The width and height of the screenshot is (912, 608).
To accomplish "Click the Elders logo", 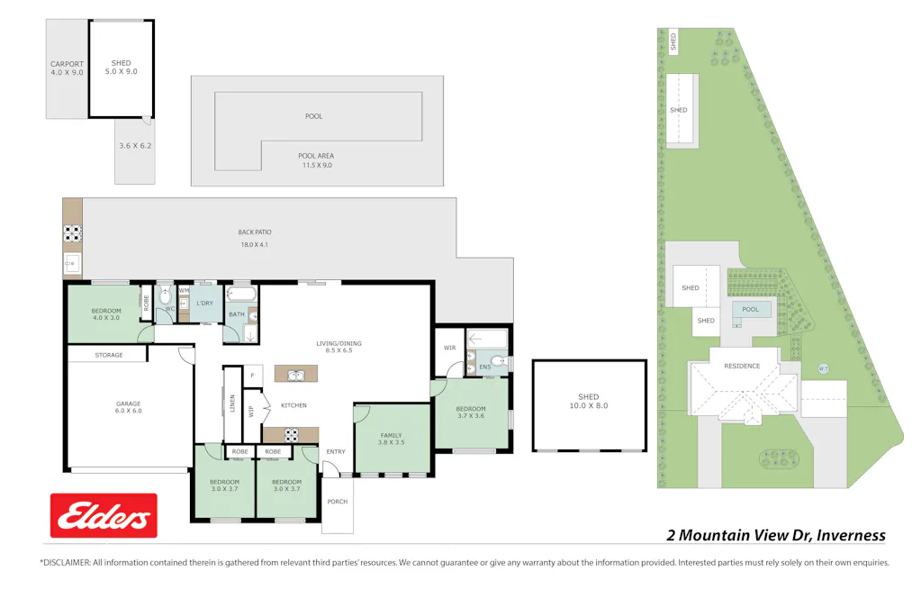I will point(104,516).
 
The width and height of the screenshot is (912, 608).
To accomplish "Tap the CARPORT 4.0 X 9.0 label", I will point(67,68).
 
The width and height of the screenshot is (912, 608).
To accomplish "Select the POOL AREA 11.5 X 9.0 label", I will point(316,160).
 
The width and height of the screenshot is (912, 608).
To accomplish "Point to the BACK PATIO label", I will point(255,238).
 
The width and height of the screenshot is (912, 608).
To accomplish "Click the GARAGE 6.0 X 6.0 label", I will point(128,407).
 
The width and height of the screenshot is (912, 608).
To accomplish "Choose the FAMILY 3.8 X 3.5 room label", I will point(391,439).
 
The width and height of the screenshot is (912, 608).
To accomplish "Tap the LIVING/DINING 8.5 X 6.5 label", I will point(339,347).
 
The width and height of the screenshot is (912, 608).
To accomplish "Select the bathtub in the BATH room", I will point(240,295).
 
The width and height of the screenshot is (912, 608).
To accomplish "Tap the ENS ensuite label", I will point(484,367).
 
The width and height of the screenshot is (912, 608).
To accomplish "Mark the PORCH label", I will point(337,502).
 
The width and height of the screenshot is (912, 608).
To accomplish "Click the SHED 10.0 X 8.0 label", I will point(588,402).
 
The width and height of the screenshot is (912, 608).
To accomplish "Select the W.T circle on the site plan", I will point(823,368).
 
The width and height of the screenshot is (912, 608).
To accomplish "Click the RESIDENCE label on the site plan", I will point(742,366).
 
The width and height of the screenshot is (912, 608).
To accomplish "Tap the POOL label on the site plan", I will point(751,310).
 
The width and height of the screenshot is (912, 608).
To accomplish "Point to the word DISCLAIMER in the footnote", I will point(66,562).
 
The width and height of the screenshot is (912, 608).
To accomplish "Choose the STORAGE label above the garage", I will point(109,356).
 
